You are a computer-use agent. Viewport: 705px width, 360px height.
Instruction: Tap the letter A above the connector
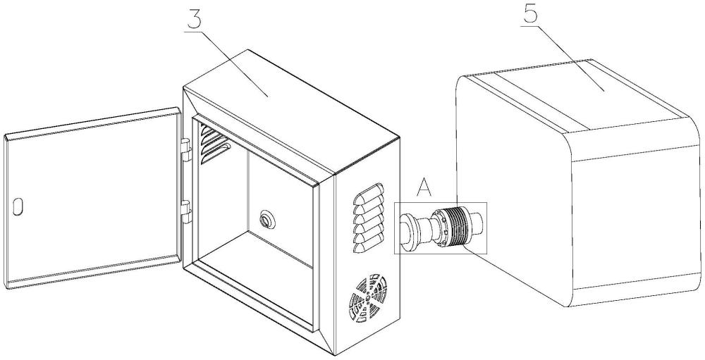pos(423,188)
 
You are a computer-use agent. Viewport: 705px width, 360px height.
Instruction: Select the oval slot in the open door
pos(18,206)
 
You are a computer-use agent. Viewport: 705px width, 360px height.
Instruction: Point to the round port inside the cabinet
pos(267,220)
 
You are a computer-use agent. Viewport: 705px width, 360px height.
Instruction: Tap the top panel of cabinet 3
pos(282,106)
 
